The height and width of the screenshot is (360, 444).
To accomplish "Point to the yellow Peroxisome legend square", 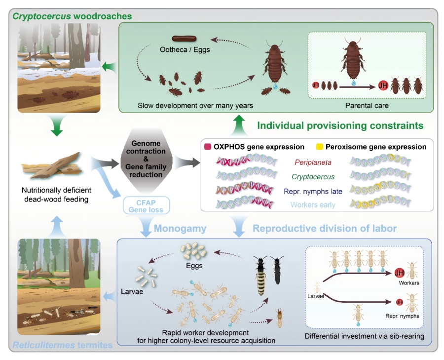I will [321, 147].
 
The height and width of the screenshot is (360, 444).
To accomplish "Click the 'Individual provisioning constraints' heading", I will [340, 125].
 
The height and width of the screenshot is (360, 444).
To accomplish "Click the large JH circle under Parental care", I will [382, 85].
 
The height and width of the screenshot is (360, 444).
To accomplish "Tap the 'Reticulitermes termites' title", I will [62, 344].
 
